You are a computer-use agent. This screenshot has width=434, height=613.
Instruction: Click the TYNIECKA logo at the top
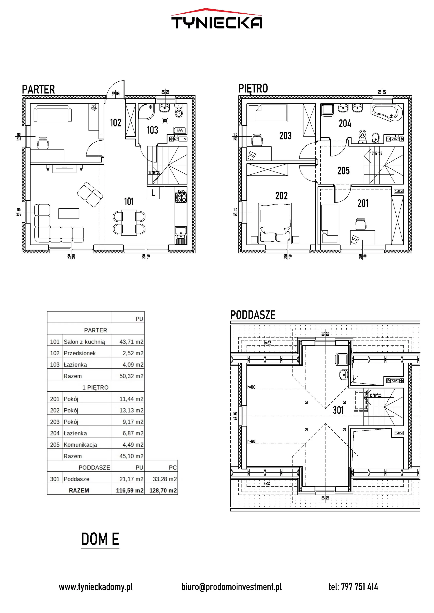point(217,19)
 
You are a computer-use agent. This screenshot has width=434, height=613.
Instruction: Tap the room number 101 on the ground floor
point(129,202)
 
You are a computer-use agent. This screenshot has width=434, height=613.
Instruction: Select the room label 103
point(152,130)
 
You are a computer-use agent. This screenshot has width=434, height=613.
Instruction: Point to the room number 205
point(343,171)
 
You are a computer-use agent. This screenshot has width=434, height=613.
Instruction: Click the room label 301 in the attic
point(338,410)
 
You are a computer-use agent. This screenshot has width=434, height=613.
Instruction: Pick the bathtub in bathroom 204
point(387,112)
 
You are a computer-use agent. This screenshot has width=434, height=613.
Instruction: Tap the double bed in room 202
point(275,223)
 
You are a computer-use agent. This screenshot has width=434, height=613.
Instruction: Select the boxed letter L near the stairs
point(153,193)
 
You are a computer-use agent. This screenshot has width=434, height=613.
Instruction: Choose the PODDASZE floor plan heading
point(253,315)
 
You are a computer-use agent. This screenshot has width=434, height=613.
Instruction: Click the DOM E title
point(100,539)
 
